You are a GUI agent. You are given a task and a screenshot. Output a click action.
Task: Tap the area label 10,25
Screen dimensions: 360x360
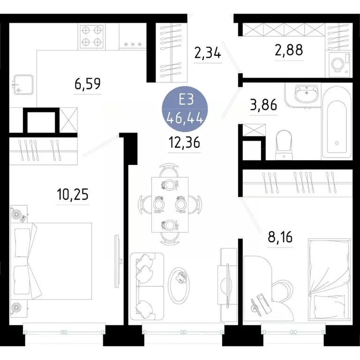[x=73, y=194]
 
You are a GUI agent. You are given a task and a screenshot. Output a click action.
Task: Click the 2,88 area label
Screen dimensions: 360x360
[x=288, y=49]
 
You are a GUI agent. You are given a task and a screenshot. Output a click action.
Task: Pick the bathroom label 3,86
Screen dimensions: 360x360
[x=263, y=105]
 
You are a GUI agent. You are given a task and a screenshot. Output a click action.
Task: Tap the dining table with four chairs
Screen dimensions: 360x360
[x=170, y=204]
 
